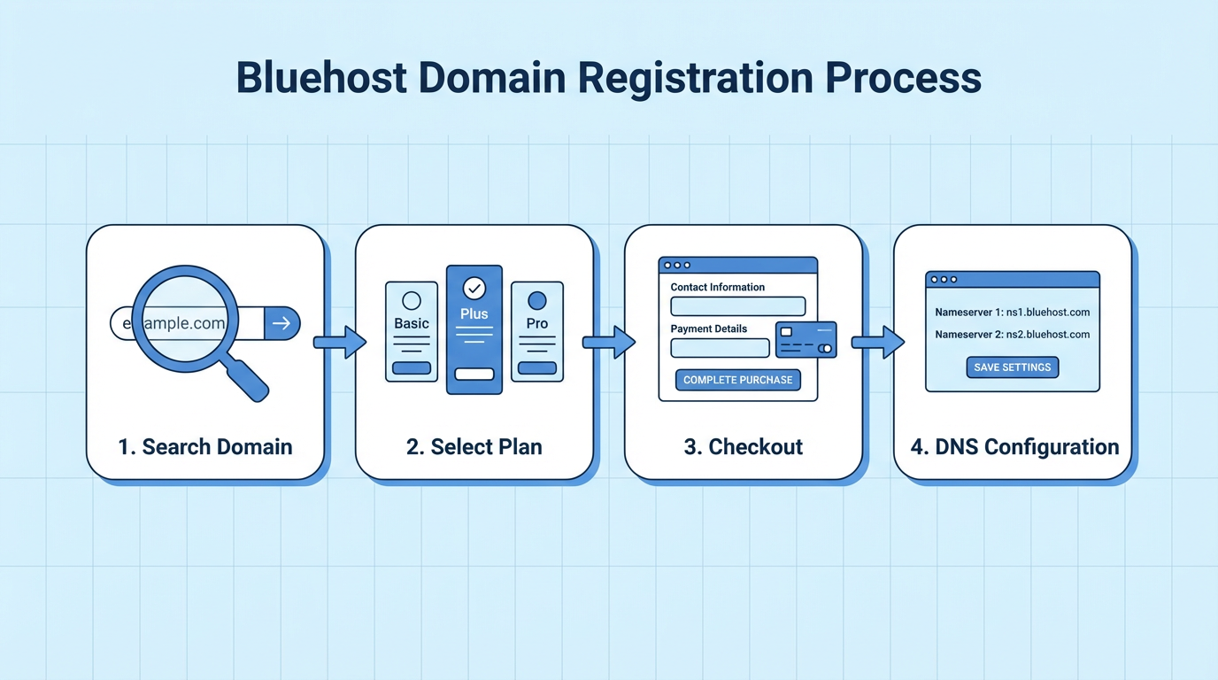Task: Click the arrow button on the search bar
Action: pos(281,324)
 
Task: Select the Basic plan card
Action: pos(412,331)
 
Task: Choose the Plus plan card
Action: pos(474,329)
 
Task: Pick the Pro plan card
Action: pos(537,331)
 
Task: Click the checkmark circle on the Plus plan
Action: pos(474,288)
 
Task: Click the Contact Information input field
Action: pos(737,306)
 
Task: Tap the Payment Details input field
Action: pos(720,348)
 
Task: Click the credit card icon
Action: pos(806,339)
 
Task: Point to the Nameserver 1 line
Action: pos(1012,313)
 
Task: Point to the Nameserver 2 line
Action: pos(1012,335)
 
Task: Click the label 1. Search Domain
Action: pos(205,446)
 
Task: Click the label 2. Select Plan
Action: pos(474,446)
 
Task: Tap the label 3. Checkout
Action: pos(744,446)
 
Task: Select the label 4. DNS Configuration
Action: pos(1014,446)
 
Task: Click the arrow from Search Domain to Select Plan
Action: pos(340,342)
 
